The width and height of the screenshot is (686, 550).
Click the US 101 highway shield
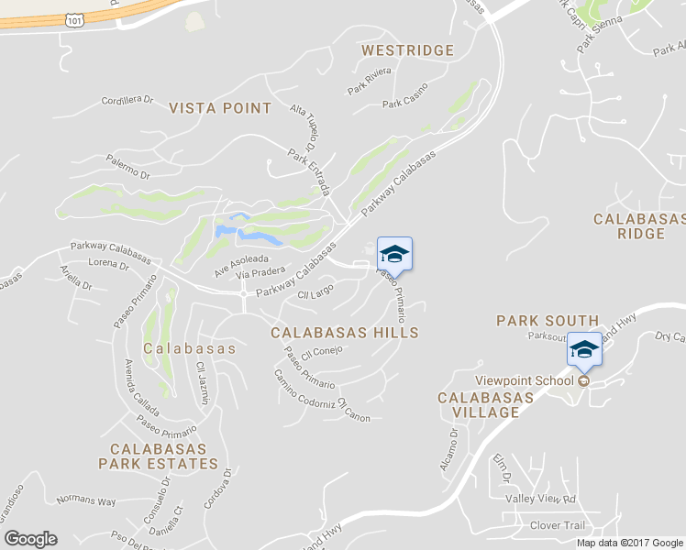click(x=75, y=17)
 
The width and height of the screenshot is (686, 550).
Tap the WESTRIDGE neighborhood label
click(x=407, y=49)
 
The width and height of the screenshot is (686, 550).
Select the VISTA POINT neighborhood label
click(x=220, y=108)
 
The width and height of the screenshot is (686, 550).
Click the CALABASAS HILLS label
click(x=345, y=333)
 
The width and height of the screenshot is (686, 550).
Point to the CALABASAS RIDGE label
click(x=639, y=226)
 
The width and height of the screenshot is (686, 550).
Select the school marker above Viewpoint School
click(x=584, y=350)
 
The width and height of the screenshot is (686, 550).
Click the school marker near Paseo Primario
click(x=394, y=254)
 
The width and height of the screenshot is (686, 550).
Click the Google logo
click(x=30, y=539)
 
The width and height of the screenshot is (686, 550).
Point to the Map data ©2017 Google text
click(x=629, y=542)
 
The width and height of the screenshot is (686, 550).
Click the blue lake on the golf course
click(x=245, y=230)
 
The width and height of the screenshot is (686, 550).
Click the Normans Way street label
click(x=86, y=501)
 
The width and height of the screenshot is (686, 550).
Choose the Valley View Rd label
click(x=540, y=499)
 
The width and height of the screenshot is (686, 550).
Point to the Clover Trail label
click(x=557, y=525)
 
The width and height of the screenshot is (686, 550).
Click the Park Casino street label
click(x=405, y=103)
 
